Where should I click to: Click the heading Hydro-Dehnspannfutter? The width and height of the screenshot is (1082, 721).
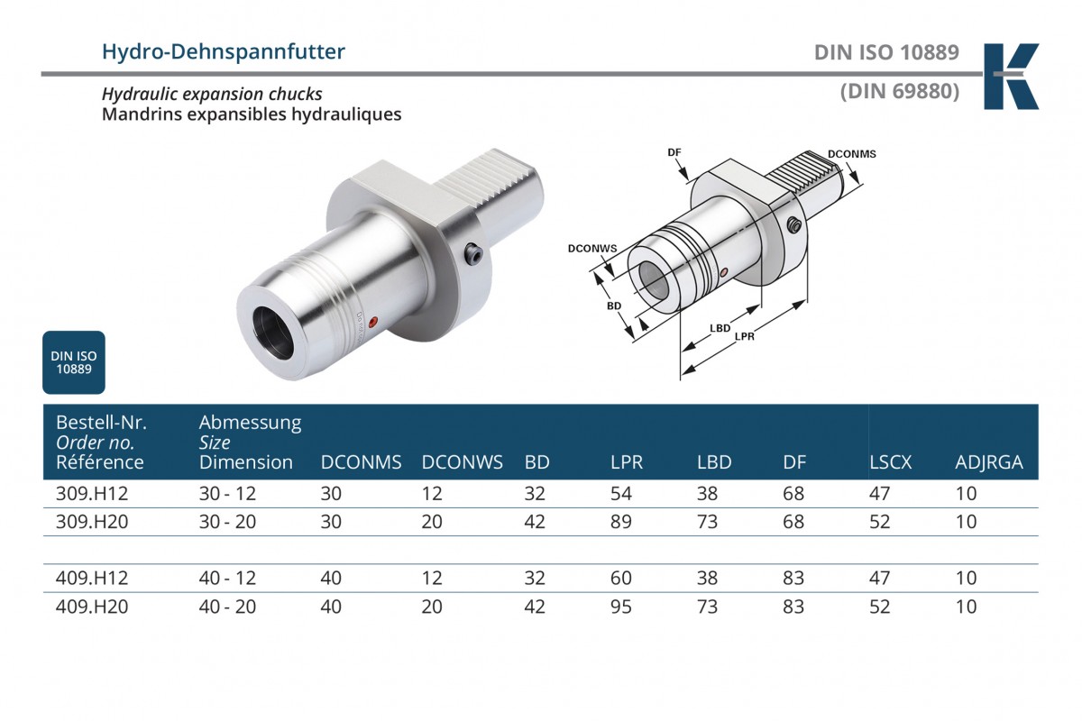pyautogui.click(x=224, y=52)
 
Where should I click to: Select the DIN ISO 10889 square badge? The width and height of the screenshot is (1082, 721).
pyautogui.click(x=74, y=362)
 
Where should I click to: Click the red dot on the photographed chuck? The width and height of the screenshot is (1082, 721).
pyautogui.click(x=372, y=322)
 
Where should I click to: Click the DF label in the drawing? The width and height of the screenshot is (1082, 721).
pyautogui.click(x=674, y=152)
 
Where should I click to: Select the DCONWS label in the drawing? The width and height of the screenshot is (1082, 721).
pyautogui.click(x=592, y=248)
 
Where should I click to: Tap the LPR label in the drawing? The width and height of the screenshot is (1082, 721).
pyautogui.click(x=745, y=336)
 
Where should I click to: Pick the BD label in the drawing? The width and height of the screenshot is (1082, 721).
pyautogui.click(x=614, y=306)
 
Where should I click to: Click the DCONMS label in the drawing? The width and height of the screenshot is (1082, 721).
pyautogui.click(x=851, y=154)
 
